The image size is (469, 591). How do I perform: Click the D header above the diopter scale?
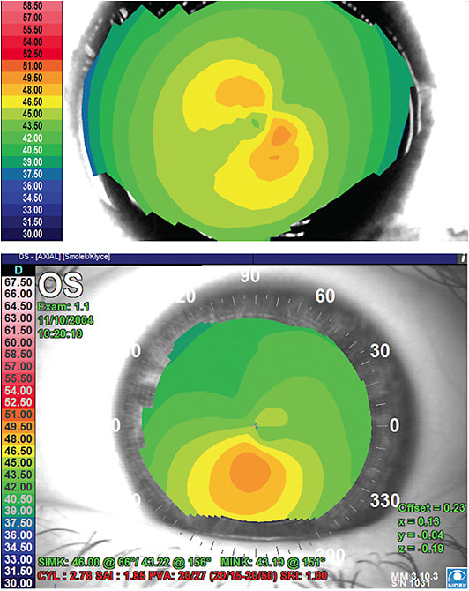pyautogui.click(x=19, y=269)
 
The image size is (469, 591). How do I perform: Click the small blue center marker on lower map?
pyautogui.click(x=256, y=426)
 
